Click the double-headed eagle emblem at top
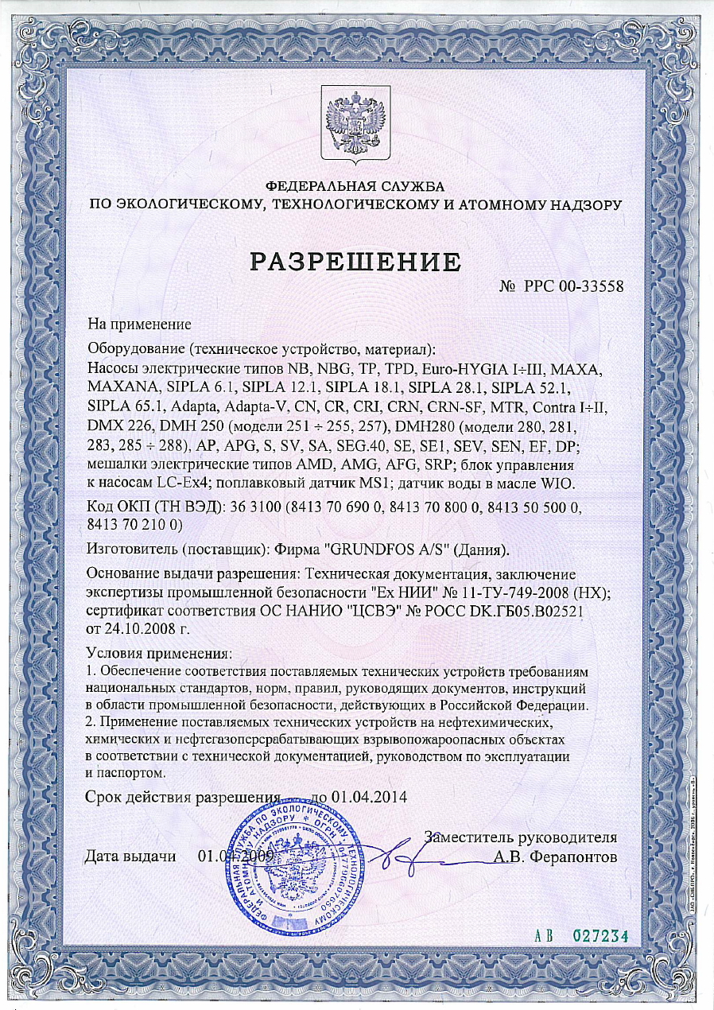click(x=356, y=126)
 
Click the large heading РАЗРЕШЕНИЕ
click(x=356, y=261)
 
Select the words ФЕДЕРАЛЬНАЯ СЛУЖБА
click(x=355, y=186)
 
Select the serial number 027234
click(x=600, y=935)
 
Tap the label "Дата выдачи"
click(x=130, y=857)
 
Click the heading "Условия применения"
click(x=158, y=654)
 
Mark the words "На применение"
click(x=140, y=324)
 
